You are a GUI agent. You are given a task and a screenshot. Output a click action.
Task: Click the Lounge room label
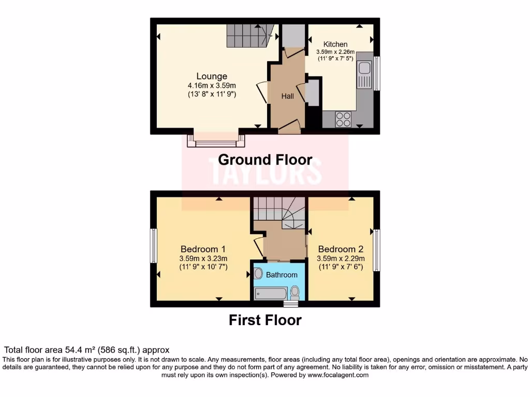click(211, 77)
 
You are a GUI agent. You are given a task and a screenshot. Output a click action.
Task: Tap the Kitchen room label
click(335, 44)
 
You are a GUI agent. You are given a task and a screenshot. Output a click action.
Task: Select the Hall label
click(287, 96)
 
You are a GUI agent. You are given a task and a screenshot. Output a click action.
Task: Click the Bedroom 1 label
click(203, 249)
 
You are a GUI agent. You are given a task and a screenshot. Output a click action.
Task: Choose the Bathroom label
click(282, 274)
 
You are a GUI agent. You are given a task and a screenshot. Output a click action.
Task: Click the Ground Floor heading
click(265, 160)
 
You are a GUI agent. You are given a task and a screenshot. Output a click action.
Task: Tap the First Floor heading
click(265, 320)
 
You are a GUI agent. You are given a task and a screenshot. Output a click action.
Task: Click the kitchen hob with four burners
click(343, 119)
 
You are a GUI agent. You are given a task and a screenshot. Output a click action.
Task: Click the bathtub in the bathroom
click(270, 294)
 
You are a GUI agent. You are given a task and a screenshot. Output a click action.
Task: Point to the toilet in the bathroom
click(295, 293)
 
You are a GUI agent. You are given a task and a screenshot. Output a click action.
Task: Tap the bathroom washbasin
click(258, 273)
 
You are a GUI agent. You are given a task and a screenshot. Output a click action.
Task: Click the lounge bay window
click(216, 141)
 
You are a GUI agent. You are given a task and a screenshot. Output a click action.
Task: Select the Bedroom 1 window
click(154, 246)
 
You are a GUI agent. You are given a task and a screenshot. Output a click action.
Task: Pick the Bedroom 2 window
click(376, 250)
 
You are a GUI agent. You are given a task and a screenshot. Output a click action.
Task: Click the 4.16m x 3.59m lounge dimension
click(212, 86)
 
